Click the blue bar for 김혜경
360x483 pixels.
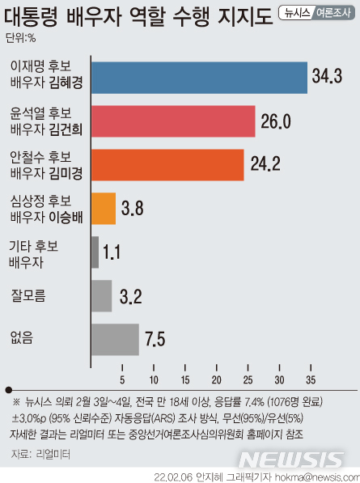click(199, 78)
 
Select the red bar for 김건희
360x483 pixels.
click(173, 121)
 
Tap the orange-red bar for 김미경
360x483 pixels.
click(167, 165)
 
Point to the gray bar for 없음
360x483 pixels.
click(115, 339)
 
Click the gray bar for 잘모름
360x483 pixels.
click(102, 295)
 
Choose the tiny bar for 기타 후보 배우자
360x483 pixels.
click(95, 252)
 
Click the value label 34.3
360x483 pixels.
click(328, 78)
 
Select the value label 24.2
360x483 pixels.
click(265, 165)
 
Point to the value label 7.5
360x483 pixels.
click(155, 339)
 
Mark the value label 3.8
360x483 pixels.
click(132, 209)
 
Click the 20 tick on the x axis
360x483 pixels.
click(216, 379)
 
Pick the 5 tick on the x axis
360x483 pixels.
click(122, 379)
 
